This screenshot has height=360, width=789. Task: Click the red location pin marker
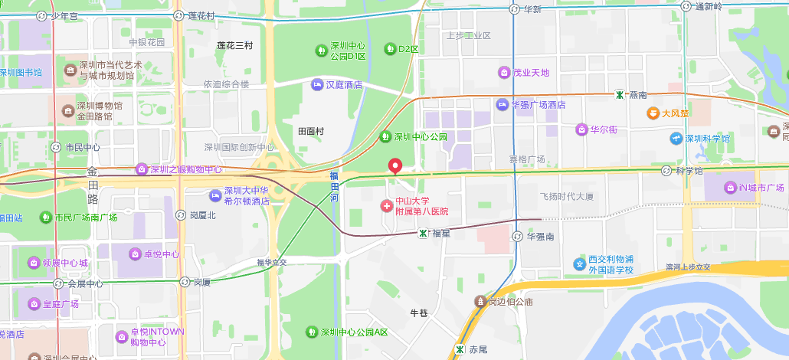pos(395,165)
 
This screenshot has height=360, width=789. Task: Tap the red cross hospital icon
pos(387,205)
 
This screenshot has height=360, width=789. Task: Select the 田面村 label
pos(311,131)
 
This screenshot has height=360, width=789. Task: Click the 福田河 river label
pos(334,188)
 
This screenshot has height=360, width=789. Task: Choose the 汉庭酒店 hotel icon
pos(317,85)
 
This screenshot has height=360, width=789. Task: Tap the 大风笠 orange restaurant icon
pos(653,113)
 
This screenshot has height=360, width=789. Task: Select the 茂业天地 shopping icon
pos(505,73)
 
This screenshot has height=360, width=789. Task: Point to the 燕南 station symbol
pos(619,94)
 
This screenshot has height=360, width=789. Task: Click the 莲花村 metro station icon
pos(178,15)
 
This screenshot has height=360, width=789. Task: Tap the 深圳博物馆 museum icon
pos(70,111)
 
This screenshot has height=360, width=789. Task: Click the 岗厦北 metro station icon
pos(181,215)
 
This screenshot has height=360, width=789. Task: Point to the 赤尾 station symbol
pos(459,349)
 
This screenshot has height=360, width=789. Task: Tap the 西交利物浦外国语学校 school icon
pos(580,264)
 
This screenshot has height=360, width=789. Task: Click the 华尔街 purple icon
pos(582,129)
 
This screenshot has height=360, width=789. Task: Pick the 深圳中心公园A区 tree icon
pos(312,332)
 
